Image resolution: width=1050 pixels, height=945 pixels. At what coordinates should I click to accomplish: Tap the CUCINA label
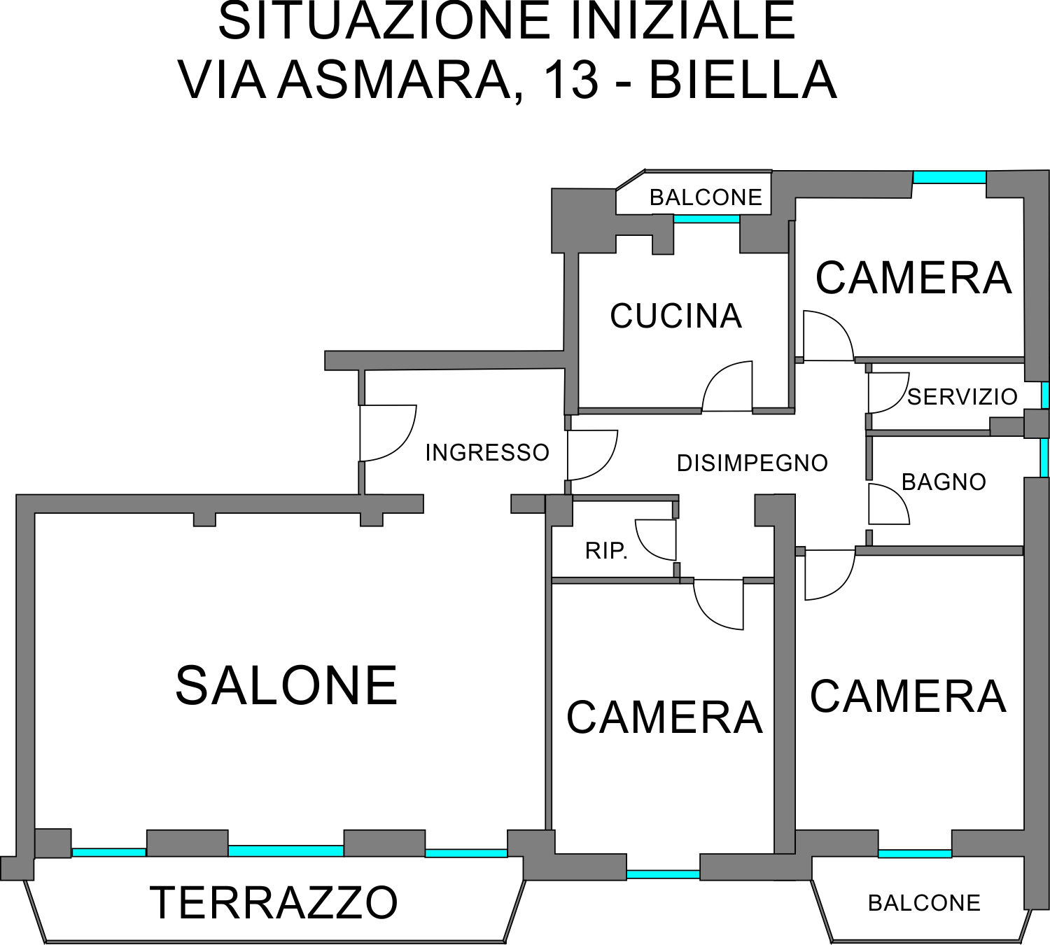point(675,316)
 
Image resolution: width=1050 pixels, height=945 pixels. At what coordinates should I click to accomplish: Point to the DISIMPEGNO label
point(752,463)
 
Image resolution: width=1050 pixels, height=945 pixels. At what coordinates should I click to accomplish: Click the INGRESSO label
point(487,452)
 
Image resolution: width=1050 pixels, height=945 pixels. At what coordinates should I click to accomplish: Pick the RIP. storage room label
point(606,551)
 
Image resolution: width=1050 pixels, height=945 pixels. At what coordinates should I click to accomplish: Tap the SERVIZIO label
point(962,397)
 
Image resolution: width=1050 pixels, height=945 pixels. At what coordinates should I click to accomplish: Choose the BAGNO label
point(944,482)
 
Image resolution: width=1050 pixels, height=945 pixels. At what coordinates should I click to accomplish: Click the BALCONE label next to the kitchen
point(706,197)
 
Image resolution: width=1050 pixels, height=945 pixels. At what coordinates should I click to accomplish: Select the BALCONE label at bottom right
point(924,902)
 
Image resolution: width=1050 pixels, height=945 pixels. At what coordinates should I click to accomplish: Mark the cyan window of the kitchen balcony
point(706,219)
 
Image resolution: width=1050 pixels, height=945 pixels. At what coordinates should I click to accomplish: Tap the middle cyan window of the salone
point(286,850)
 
